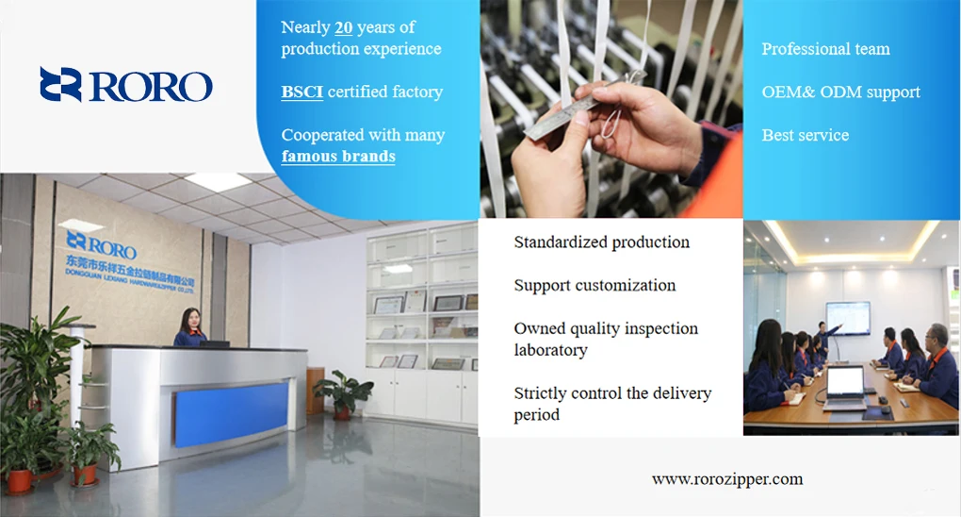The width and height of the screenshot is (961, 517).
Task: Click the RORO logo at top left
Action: pos(126,85)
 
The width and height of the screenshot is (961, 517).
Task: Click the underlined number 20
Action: pos(343,27)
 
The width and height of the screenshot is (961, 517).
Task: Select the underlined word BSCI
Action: pos(302,92)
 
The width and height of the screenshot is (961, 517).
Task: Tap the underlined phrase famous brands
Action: pos(338,156)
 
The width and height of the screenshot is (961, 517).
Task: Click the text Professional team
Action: pos(825,49)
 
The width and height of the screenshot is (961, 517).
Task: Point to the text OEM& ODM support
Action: pos(840,92)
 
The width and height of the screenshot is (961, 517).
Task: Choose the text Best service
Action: pos(806,135)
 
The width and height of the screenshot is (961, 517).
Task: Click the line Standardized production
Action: pos(602,242)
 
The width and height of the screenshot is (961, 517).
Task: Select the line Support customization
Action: pos(595,286)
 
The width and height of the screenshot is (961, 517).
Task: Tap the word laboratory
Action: pos(551,350)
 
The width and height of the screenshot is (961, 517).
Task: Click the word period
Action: pos(537,414)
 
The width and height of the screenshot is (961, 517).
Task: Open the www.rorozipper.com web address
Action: pos(727,479)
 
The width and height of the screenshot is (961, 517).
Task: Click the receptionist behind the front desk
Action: pos(190,327)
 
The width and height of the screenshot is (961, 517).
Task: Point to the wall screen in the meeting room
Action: pos(848,318)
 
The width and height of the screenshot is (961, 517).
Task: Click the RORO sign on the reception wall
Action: pos(101,244)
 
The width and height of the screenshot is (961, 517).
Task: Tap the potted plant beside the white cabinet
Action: pos(343,394)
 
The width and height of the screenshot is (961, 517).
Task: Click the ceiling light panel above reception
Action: pos(219,181)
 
